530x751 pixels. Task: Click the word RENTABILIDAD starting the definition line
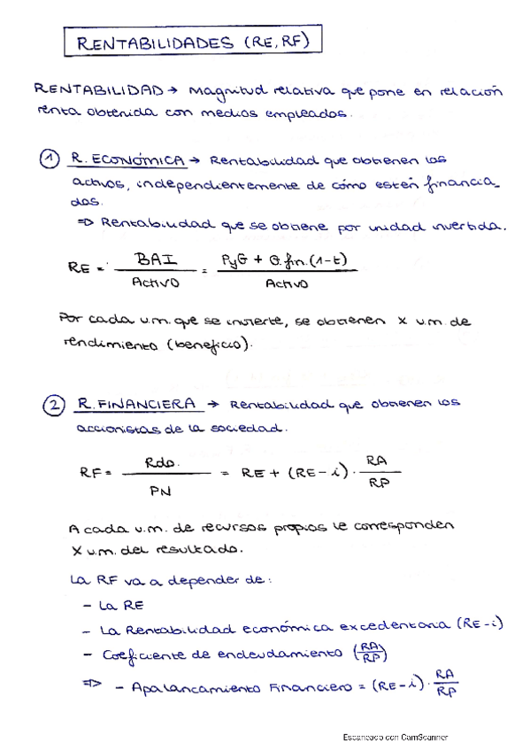[x=98, y=90]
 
